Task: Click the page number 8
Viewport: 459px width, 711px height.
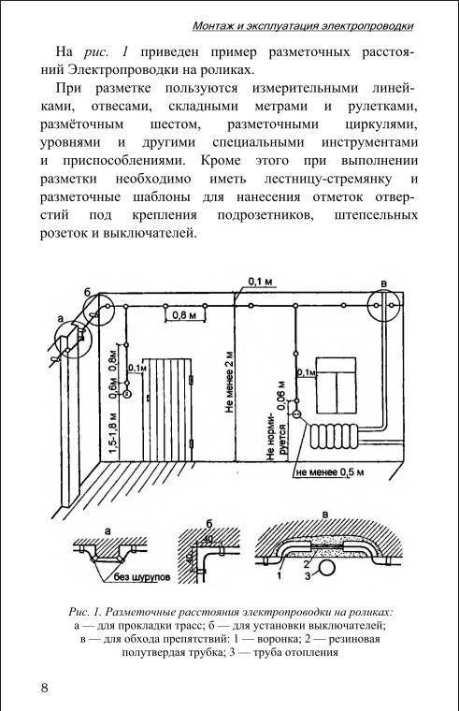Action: pos(44,688)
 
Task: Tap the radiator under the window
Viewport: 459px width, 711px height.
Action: pos(335,436)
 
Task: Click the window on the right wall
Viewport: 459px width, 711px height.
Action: pos(336,385)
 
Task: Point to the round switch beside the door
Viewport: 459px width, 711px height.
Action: pos(127,394)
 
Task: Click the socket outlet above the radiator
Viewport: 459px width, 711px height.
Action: pos(296,414)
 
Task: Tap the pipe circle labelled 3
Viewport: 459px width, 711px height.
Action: pos(326,568)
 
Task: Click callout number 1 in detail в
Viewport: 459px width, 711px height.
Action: pos(279,576)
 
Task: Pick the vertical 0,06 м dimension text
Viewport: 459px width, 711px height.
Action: pos(281,395)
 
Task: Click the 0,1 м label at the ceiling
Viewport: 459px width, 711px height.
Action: pos(261,282)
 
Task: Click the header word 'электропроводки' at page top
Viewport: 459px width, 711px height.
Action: pos(367,26)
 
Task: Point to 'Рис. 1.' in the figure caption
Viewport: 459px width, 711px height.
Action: pos(85,612)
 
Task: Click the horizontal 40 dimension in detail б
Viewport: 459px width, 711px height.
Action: pos(208,539)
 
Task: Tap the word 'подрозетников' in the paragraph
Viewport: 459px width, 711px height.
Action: pos(265,215)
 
